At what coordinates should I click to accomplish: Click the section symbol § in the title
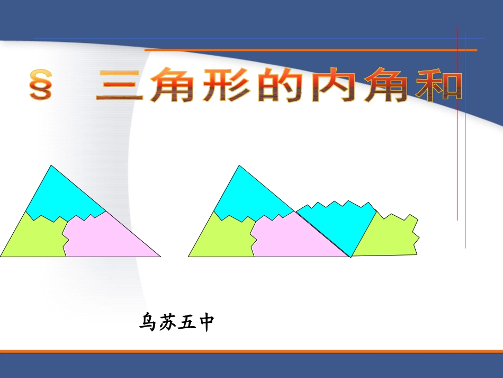[41, 86]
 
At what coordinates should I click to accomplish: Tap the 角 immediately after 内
[387, 85]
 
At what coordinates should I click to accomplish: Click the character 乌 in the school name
[148, 322]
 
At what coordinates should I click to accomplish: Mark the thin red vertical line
[457, 133]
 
